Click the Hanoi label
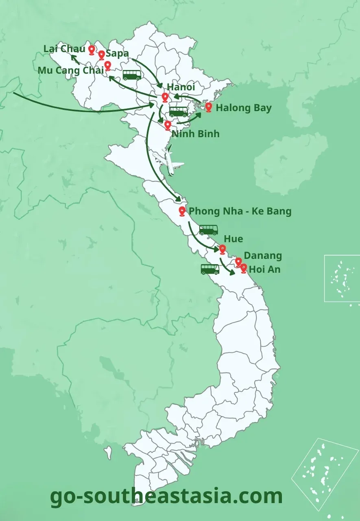tap(181, 87)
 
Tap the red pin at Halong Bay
tap(209, 107)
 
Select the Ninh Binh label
tap(195, 134)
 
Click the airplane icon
tap(169, 161)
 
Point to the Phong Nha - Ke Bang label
tap(240, 211)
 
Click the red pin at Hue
tap(222, 249)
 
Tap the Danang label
tap(263, 256)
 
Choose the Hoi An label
tap(264, 269)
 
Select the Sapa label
tap(117, 53)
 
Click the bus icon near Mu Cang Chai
tap(132, 75)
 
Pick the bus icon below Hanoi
tap(179, 112)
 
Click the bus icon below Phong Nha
tap(208, 230)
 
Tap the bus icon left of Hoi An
tap(210, 269)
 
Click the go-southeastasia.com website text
tap(166, 496)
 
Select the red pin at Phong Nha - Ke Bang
tap(182, 211)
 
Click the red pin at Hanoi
tap(165, 97)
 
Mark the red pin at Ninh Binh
tap(168, 125)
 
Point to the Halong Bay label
tap(244, 108)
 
